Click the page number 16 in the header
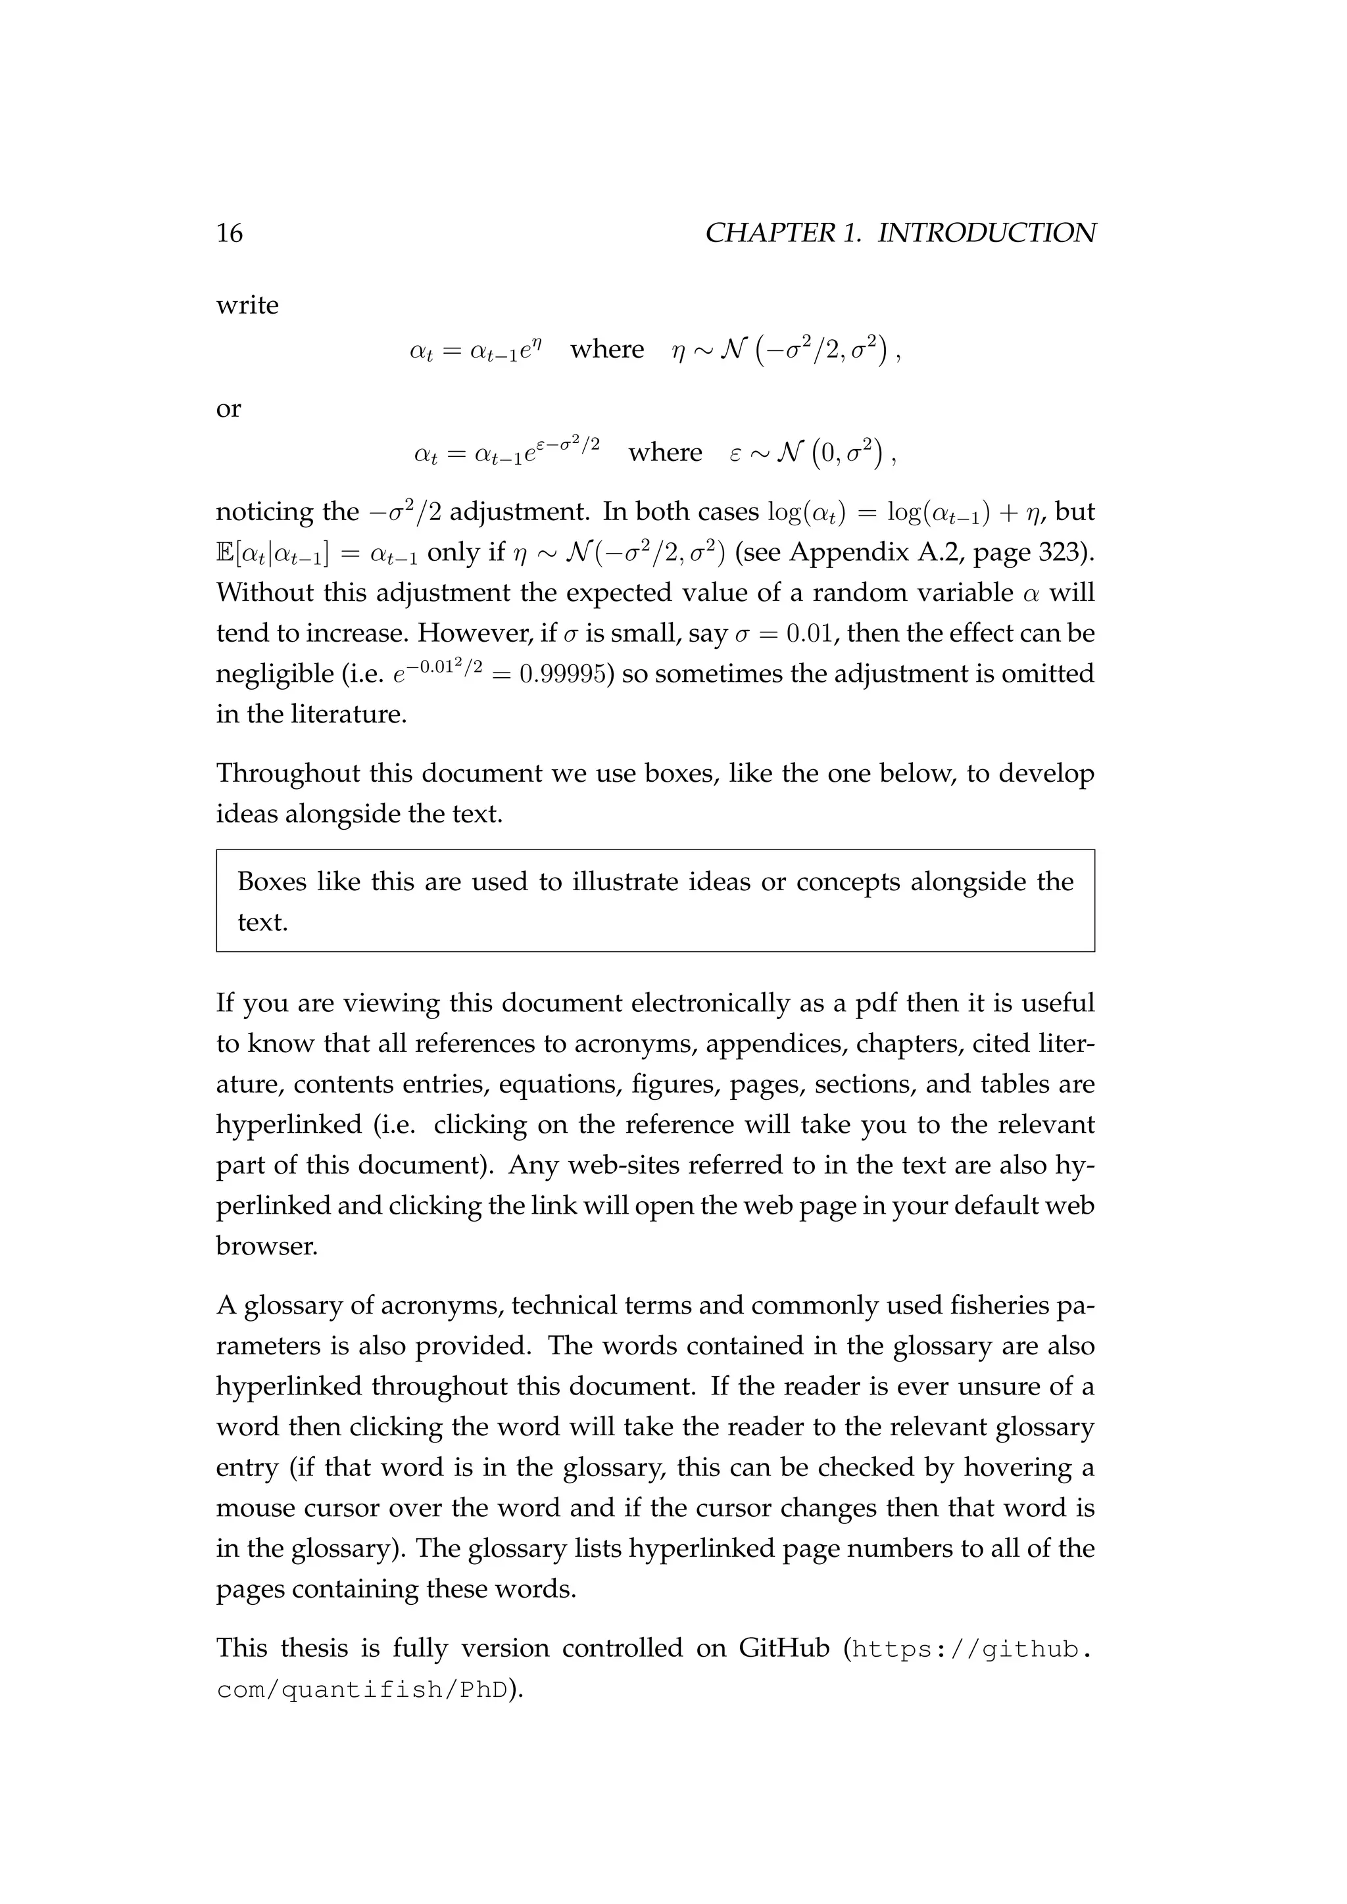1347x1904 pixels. (229, 233)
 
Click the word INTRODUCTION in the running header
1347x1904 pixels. (986, 233)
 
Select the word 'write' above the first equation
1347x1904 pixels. (247, 305)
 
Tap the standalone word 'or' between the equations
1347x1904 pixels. (228, 409)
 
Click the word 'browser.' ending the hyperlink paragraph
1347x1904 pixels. (266, 1247)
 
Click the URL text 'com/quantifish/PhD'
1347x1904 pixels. (362, 1689)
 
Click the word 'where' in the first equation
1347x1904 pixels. (607, 349)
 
